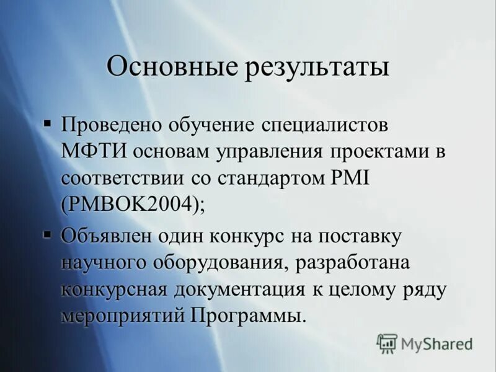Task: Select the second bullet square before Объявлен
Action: coord(47,234)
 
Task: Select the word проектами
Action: coord(378,151)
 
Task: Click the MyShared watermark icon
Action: coord(387,343)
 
